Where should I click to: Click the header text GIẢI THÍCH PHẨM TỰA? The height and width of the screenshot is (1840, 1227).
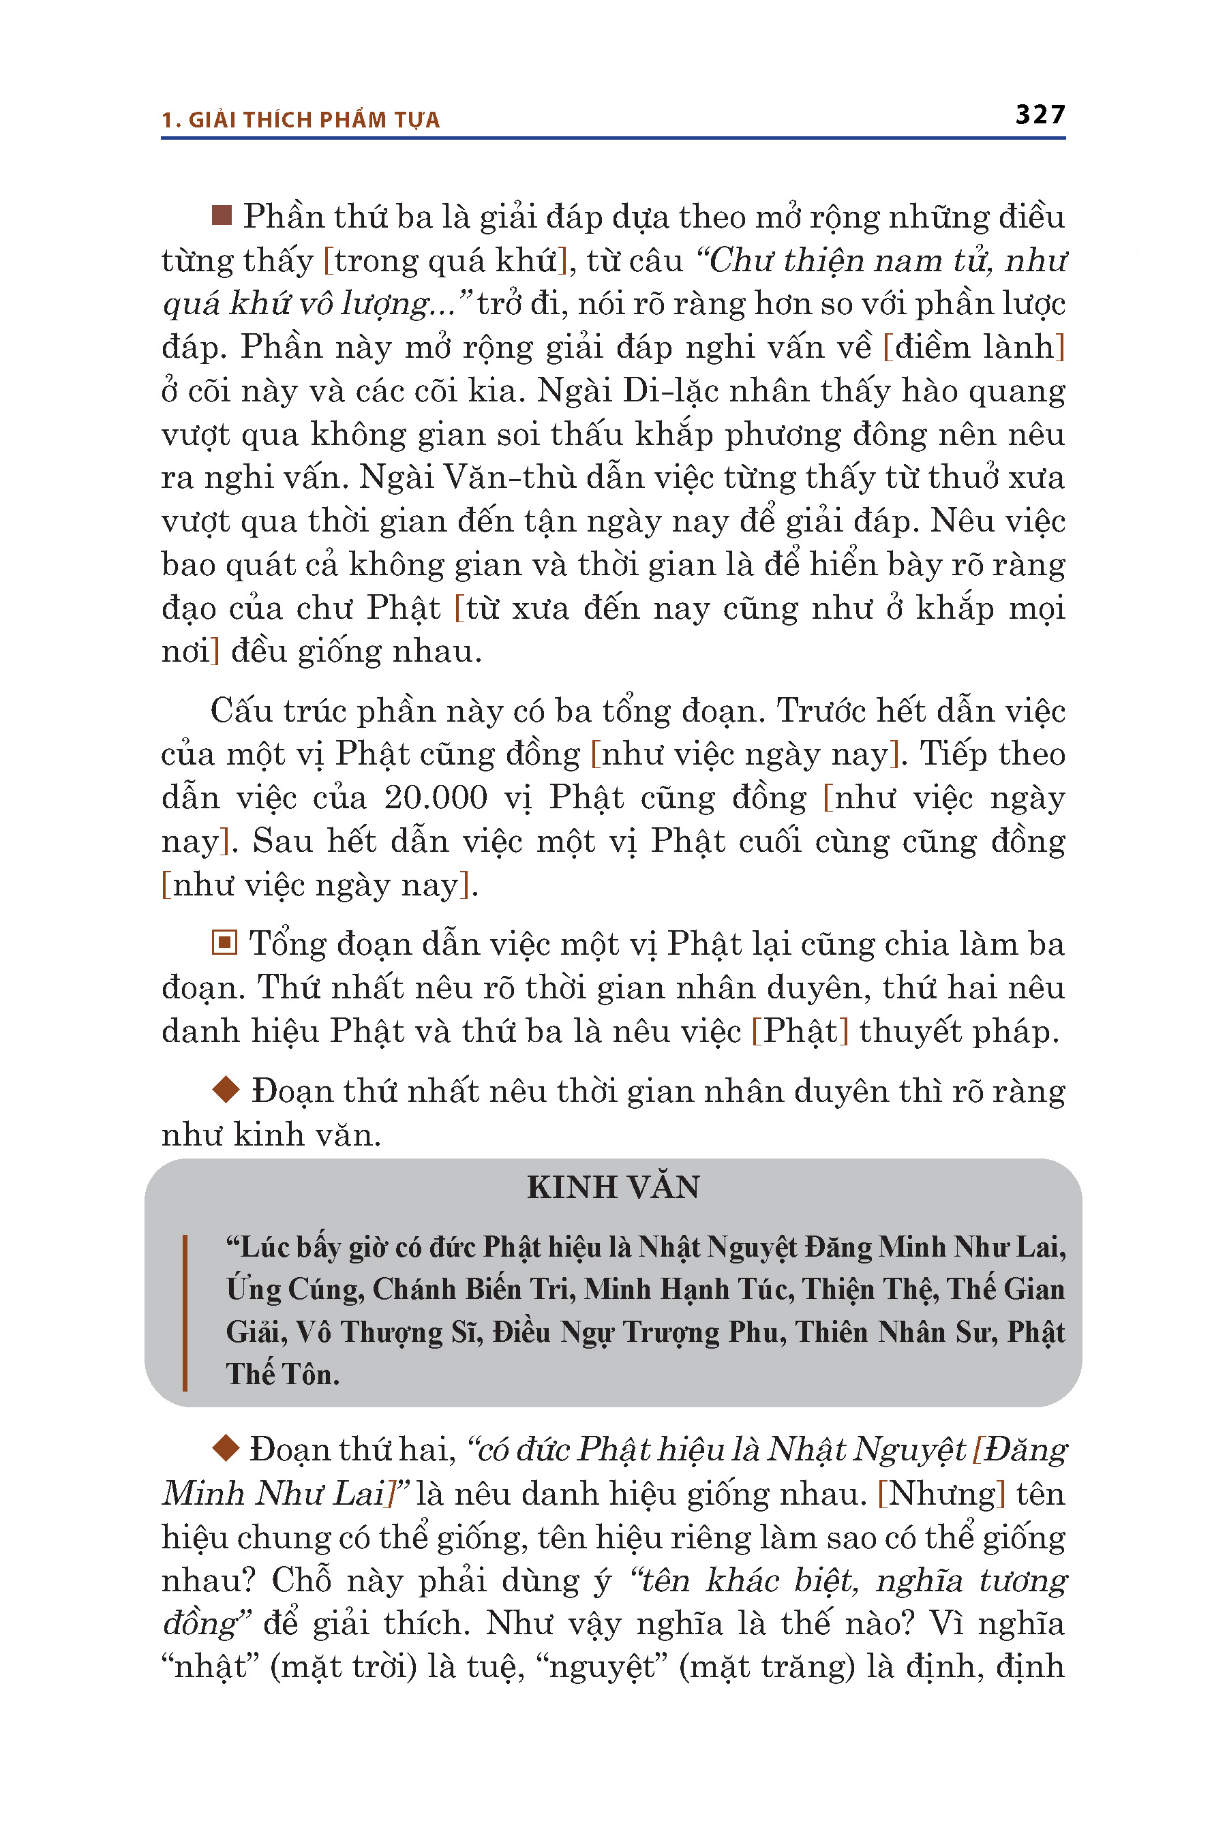point(314,120)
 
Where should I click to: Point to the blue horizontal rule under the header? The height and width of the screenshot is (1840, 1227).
point(613,138)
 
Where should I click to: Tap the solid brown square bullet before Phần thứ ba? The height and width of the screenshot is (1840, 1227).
point(222,215)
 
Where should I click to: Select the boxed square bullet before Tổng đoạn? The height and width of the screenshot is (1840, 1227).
point(224,942)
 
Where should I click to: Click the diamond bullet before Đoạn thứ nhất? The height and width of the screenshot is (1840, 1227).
point(226,1089)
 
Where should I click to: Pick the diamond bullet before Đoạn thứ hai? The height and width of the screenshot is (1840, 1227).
point(226,1447)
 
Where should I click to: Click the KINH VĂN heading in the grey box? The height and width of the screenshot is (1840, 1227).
point(613,1186)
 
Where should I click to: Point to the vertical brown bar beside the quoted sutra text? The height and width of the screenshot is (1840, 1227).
point(185,1312)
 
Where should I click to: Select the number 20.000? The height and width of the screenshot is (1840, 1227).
point(435,798)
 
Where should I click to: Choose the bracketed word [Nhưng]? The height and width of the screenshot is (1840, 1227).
point(941,1493)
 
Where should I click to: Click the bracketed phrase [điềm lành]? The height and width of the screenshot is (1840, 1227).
point(973,347)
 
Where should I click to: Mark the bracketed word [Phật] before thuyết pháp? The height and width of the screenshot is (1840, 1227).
point(800,1031)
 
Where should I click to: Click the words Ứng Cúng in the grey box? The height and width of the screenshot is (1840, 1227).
point(294,1289)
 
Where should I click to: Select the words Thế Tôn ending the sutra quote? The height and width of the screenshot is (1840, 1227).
point(282,1375)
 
